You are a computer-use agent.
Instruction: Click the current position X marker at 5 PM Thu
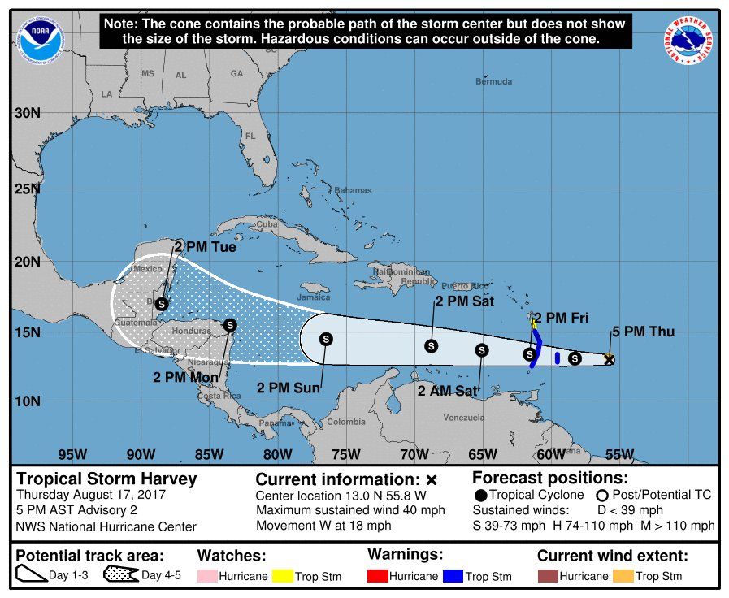coord(609,359)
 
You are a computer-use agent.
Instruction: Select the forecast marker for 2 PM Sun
coord(326,339)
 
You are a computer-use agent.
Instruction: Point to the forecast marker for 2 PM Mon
coord(230,325)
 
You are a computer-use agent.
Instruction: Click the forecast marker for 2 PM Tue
coord(162,303)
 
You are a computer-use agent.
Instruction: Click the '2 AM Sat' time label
coord(445,391)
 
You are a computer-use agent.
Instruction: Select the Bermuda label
coord(494,81)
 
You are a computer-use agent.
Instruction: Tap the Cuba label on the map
coord(267,224)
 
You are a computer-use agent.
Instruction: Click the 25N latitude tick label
coord(27,189)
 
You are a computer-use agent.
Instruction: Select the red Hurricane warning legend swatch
coord(379,576)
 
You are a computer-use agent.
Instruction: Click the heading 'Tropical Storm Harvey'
coord(106,479)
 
